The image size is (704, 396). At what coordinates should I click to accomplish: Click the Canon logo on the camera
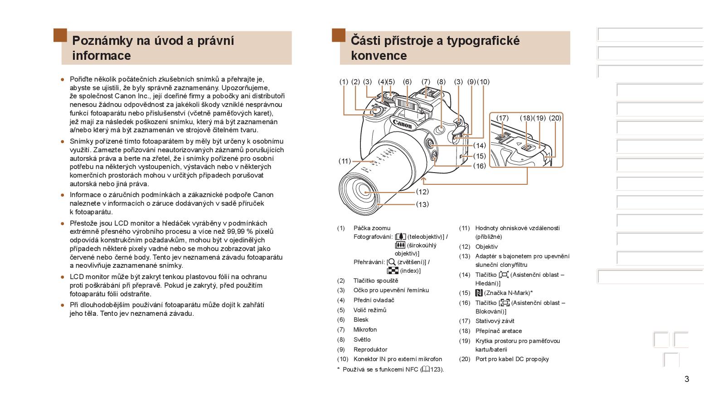click(402, 124)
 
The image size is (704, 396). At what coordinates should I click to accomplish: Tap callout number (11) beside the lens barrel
click(345, 161)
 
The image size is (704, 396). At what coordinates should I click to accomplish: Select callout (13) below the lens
click(422, 204)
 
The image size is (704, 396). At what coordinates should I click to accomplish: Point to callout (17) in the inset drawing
click(502, 118)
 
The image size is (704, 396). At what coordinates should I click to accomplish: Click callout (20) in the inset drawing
click(555, 118)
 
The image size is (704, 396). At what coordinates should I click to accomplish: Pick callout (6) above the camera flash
click(407, 82)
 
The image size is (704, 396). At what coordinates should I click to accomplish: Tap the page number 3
click(686, 379)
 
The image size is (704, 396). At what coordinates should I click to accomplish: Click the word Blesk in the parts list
click(361, 320)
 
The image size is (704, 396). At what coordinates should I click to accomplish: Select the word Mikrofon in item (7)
click(365, 330)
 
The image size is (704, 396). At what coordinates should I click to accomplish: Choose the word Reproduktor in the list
click(370, 350)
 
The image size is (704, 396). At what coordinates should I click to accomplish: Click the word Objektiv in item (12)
click(486, 247)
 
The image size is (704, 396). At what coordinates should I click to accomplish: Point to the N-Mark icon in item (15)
click(479, 293)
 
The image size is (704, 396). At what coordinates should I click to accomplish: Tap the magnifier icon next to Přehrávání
click(392, 262)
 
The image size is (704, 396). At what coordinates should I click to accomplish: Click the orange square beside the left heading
click(60, 35)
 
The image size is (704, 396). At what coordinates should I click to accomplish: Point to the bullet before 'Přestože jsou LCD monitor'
click(63, 223)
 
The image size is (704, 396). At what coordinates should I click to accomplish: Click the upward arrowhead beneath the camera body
click(424, 180)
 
